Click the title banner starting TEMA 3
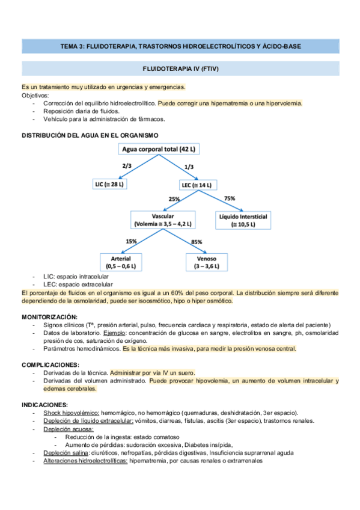tap(180, 46)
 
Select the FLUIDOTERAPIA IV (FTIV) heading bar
tap(180, 69)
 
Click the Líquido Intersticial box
tap(243, 220)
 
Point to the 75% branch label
tap(229, 198)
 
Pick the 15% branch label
tap(131, 241)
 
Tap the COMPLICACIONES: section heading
tap(50, 364)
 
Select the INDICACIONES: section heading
tap(45, 405)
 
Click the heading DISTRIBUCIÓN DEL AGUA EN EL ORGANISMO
tap(90, 135)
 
